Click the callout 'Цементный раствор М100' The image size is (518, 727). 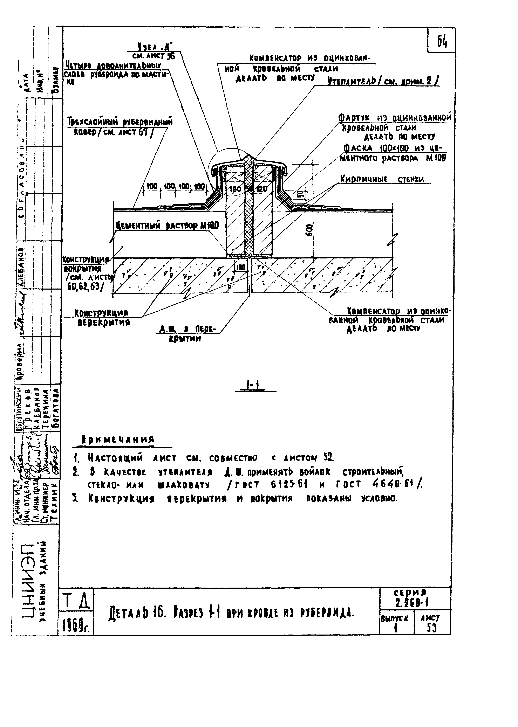pyautogui.click(x=167, y=226)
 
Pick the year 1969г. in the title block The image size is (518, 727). pyautogui.click(x=76, y=627)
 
